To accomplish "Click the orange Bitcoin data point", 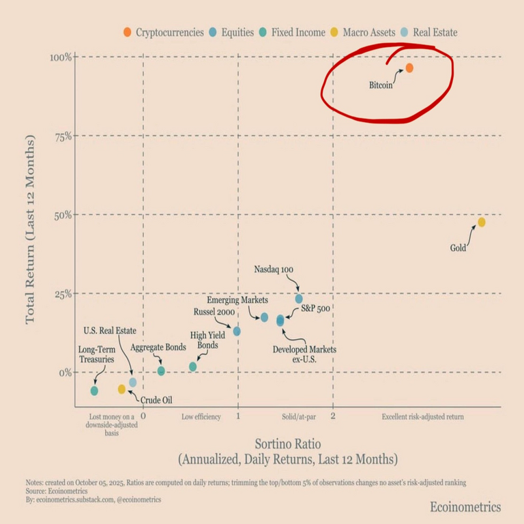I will [409, 68].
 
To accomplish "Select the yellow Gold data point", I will [482, 222].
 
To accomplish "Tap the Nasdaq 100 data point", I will [299, 298].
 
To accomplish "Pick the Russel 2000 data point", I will [237, 331].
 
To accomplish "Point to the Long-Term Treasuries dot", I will [94, 391].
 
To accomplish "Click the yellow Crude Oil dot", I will [121, 389].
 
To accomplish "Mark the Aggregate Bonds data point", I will [161, 371].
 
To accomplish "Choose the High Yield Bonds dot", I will [193, 366].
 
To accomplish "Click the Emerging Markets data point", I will [265, 317].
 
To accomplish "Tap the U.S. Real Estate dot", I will [133, 382].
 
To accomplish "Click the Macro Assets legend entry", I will [366, 32].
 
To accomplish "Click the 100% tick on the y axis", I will [59, 57].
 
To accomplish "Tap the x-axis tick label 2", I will [333, 415].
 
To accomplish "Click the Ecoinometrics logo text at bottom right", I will [465, 507].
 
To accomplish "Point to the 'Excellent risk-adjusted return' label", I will [422, 416].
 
